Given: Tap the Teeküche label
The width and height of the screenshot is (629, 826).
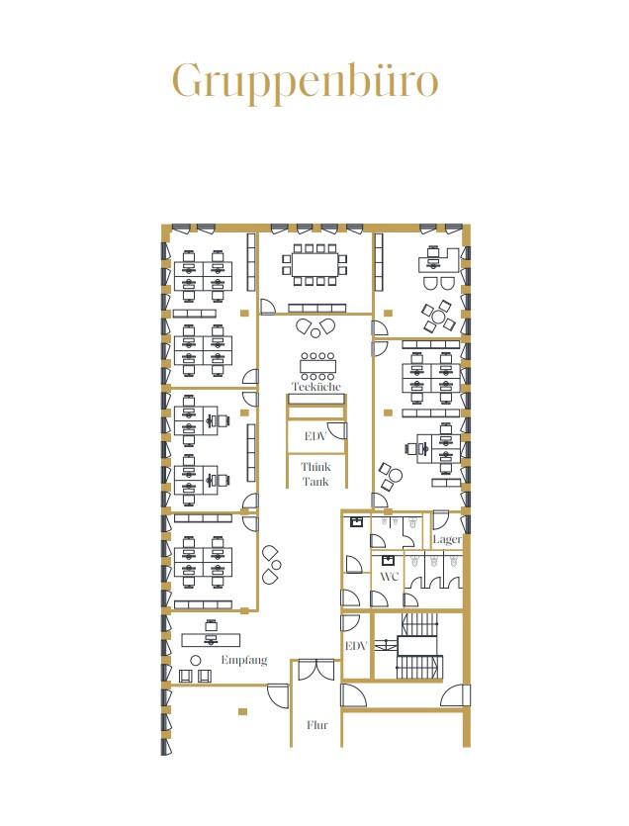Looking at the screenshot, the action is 316,386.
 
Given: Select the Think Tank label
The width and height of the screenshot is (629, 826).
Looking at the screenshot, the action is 315,474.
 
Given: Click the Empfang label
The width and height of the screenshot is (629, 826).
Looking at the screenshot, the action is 244,660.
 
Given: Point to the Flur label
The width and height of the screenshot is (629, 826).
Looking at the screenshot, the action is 317,725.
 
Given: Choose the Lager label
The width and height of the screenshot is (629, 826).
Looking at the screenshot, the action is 447,539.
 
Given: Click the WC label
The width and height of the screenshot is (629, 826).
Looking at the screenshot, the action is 390,576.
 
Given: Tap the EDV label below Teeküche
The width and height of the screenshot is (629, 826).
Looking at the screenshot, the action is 315,436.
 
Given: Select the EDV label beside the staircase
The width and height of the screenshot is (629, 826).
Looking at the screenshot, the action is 356,645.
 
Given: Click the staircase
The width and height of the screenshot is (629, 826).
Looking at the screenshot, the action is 417,646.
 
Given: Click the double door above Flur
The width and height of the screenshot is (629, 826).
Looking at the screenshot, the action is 315,669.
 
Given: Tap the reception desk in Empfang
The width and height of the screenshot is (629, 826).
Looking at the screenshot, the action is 211,639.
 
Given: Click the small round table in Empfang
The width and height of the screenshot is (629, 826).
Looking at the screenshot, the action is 196,660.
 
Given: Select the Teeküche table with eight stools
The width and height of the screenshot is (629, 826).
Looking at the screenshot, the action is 317,366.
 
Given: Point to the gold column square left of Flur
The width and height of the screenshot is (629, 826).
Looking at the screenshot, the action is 242,711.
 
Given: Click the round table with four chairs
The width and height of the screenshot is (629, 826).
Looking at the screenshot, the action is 438,317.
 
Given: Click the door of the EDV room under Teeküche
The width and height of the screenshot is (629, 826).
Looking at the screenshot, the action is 337,430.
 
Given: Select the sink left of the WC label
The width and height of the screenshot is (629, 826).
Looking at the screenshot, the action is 389,560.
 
